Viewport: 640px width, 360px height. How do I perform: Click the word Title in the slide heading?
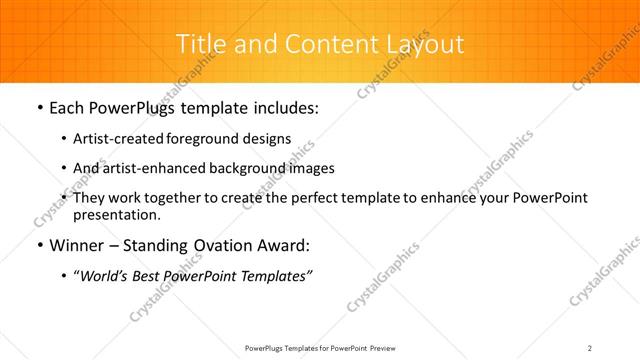[199, 44]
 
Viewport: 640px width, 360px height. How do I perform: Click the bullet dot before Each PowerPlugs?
[39, 108]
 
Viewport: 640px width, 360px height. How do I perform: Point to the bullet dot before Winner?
[39, 246]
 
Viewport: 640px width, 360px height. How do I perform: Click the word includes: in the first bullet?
[286, 108]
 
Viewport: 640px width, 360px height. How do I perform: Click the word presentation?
[117, 214]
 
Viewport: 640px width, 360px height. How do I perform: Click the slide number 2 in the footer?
[590, 347]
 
